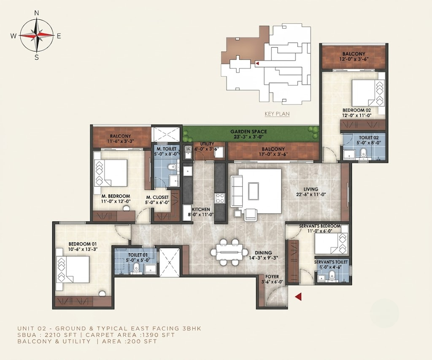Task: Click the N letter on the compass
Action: pos(36,13)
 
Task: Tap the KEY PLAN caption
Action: pos(277,114)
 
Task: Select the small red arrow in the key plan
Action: pos(257,63)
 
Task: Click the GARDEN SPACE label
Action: pos(249,132)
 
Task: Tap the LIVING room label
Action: pos(311,189)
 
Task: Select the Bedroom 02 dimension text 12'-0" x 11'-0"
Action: pos(357,116)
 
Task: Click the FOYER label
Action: pos(272,276)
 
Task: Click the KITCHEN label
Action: pos(201,209)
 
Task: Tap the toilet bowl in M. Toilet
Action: pos(173,167)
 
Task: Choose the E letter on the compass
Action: pos(59,36)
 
